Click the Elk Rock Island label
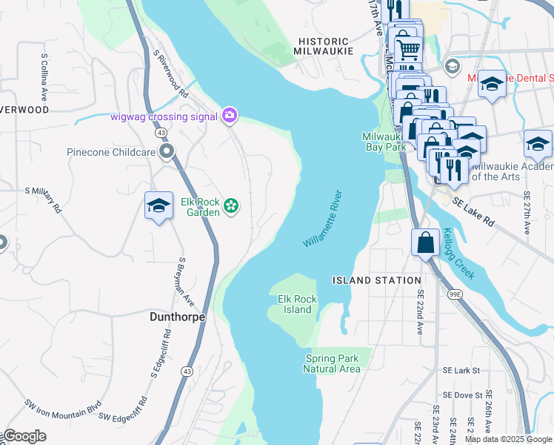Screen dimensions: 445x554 pos(297,304)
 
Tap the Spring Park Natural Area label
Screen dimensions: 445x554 pos(333,363)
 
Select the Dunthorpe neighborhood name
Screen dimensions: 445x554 pos(177,316)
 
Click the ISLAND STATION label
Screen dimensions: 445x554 pos(377,280)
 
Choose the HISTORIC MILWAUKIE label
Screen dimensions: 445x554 pos(323,46)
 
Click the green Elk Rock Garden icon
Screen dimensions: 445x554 pos(232,206)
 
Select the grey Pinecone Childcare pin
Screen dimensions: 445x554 pos(168,152)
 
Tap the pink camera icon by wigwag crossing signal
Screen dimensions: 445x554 pos(230,115)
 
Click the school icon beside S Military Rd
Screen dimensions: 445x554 pos(158,206)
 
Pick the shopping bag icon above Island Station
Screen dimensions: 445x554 pos(426,242)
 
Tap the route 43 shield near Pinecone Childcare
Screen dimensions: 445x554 pos(160,133)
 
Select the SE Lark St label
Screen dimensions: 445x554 pos(461,370)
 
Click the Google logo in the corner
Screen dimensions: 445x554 pos(24,436)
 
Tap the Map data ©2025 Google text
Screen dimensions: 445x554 pos(508,439)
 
